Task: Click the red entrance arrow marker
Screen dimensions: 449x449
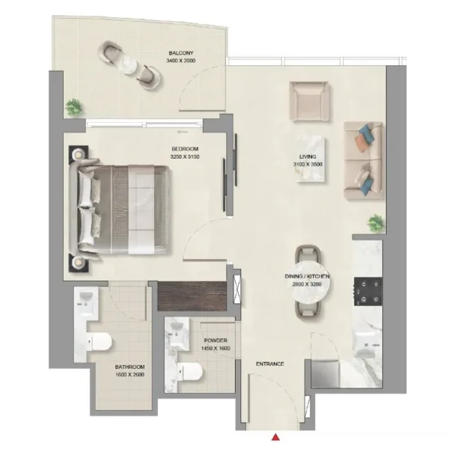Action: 275,437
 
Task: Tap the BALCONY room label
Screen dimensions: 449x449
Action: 181,53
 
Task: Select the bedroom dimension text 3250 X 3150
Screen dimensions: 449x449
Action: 185,156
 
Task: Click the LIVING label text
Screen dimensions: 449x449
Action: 308,156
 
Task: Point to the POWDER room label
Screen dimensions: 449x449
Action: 216,340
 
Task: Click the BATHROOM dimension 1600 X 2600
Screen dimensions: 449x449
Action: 129,375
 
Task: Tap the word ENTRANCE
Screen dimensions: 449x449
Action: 269,364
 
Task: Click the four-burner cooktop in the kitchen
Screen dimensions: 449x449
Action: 368,292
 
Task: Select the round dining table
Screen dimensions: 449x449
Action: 311,281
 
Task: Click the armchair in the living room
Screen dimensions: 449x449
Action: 308,101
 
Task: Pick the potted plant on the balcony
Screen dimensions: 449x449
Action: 74,107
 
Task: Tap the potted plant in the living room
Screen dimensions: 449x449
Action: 376,223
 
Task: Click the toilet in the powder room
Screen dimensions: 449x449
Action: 189,372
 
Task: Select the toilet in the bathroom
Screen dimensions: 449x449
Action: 99,342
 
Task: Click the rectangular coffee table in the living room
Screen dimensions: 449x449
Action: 311,158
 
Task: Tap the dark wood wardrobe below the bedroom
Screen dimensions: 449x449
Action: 192,296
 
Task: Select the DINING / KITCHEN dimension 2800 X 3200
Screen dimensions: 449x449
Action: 307,284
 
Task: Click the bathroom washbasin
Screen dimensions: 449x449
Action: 86,301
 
